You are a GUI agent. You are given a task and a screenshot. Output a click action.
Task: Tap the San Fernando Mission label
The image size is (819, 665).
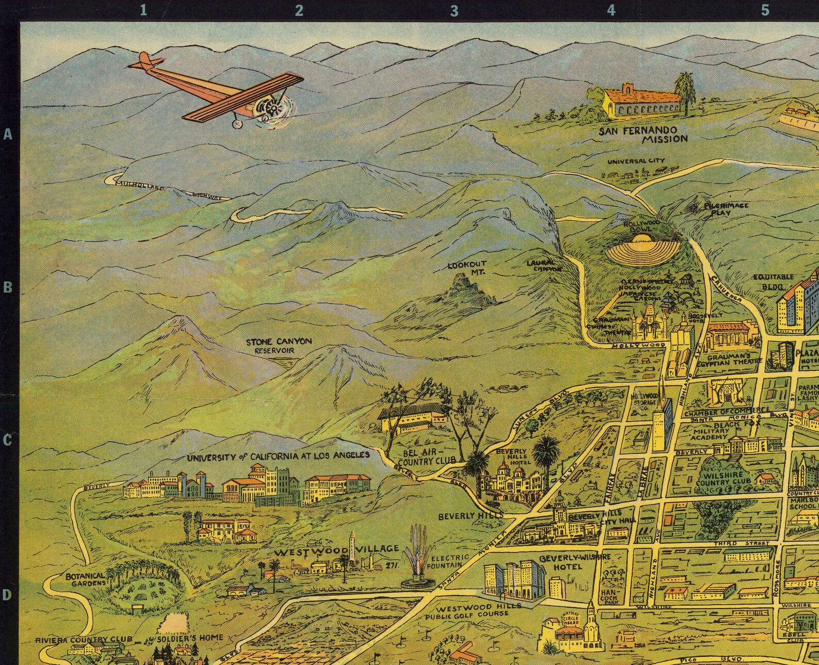[643, 134]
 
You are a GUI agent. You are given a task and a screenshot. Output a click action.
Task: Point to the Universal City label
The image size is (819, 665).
[635, 161]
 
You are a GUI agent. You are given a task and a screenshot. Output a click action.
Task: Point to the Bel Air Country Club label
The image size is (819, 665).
[430, 456]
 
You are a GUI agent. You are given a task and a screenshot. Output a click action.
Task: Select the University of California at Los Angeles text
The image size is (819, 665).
[278, 456]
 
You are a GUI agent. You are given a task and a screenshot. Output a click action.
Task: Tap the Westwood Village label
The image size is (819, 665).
[336, 550]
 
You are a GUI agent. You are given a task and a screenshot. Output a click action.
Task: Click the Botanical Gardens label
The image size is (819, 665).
[86, 579]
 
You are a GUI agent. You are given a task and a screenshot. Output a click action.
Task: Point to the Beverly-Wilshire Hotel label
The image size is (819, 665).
[575, 561]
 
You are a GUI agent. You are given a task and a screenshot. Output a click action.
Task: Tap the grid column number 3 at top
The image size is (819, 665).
[454, 10]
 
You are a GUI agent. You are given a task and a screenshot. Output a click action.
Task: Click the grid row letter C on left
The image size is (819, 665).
[7, 440]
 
